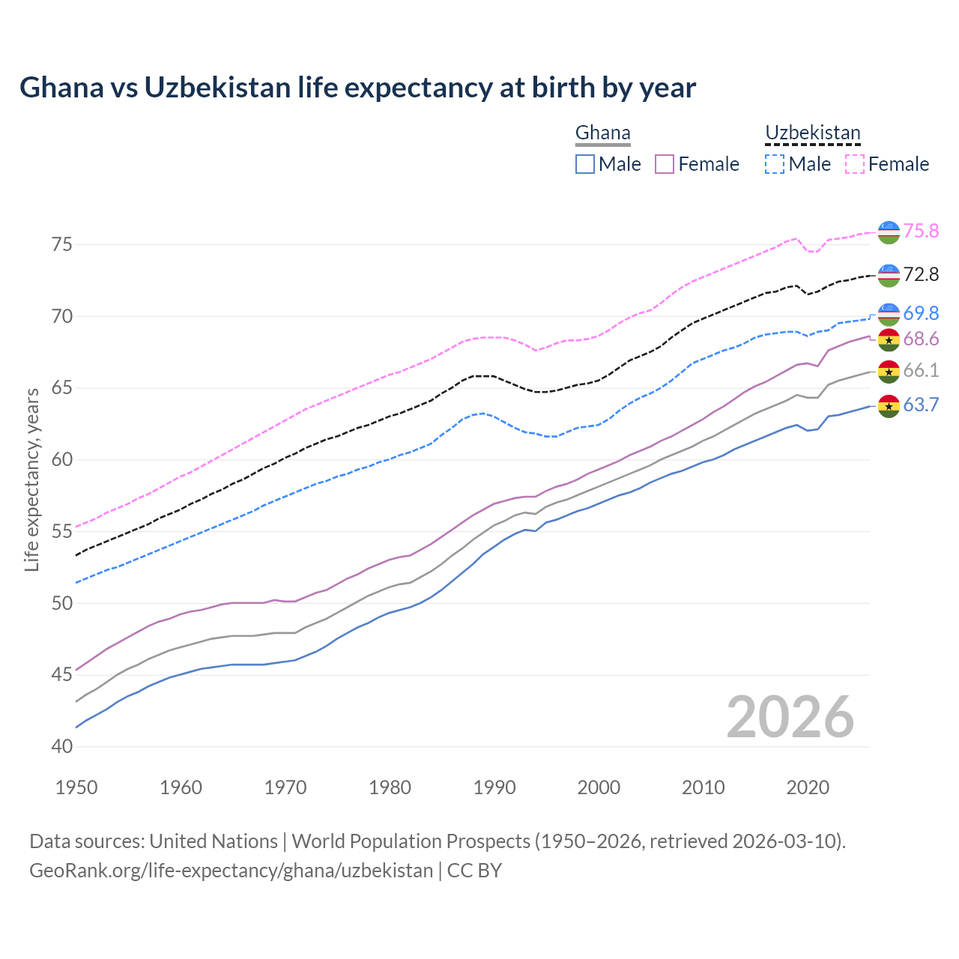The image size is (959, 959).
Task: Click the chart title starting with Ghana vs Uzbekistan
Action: (357, 88)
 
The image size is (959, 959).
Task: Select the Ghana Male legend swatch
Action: (585, 164)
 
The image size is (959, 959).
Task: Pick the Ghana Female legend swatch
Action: (665, 164)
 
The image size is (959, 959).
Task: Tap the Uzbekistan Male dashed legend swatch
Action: (775, 164)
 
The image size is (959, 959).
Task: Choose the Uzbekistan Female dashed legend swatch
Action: (855, 164)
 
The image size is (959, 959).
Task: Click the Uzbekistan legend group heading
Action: (812, 133)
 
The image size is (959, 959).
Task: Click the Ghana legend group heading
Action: (602, 133)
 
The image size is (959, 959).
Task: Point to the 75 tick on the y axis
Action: (62, 245)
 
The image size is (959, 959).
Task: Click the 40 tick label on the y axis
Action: (62, 747)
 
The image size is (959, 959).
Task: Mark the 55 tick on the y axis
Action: (62, 532)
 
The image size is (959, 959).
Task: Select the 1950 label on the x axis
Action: (76, 787)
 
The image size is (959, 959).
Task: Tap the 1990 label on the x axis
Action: (494, 787)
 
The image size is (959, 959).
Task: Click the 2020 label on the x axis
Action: (808, 787)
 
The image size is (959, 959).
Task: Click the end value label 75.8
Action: (921, 231)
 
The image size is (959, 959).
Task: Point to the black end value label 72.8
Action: (921, 275)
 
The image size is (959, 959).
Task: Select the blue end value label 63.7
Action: (921, 405)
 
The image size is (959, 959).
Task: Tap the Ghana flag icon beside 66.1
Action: (889, 371)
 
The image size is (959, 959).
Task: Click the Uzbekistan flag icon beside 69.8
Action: (889, 314)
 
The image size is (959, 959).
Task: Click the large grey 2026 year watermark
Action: (790, 717)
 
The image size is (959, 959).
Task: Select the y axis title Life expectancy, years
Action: (32, 479)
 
